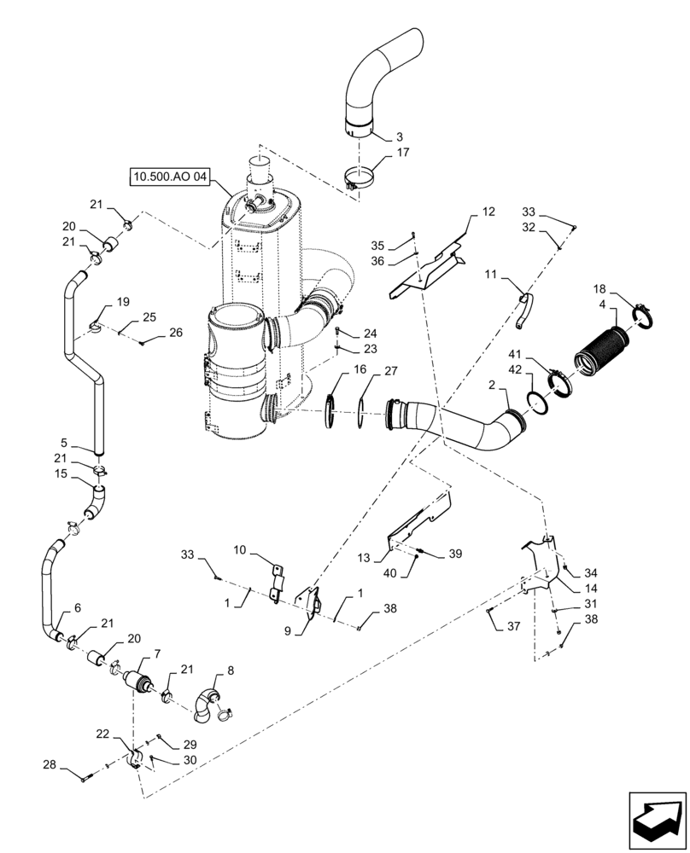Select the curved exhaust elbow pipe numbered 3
tap(383, 77)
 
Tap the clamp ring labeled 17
tap(360, 180)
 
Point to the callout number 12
tap(488, 211)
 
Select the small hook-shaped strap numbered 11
tap(523, 310)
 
